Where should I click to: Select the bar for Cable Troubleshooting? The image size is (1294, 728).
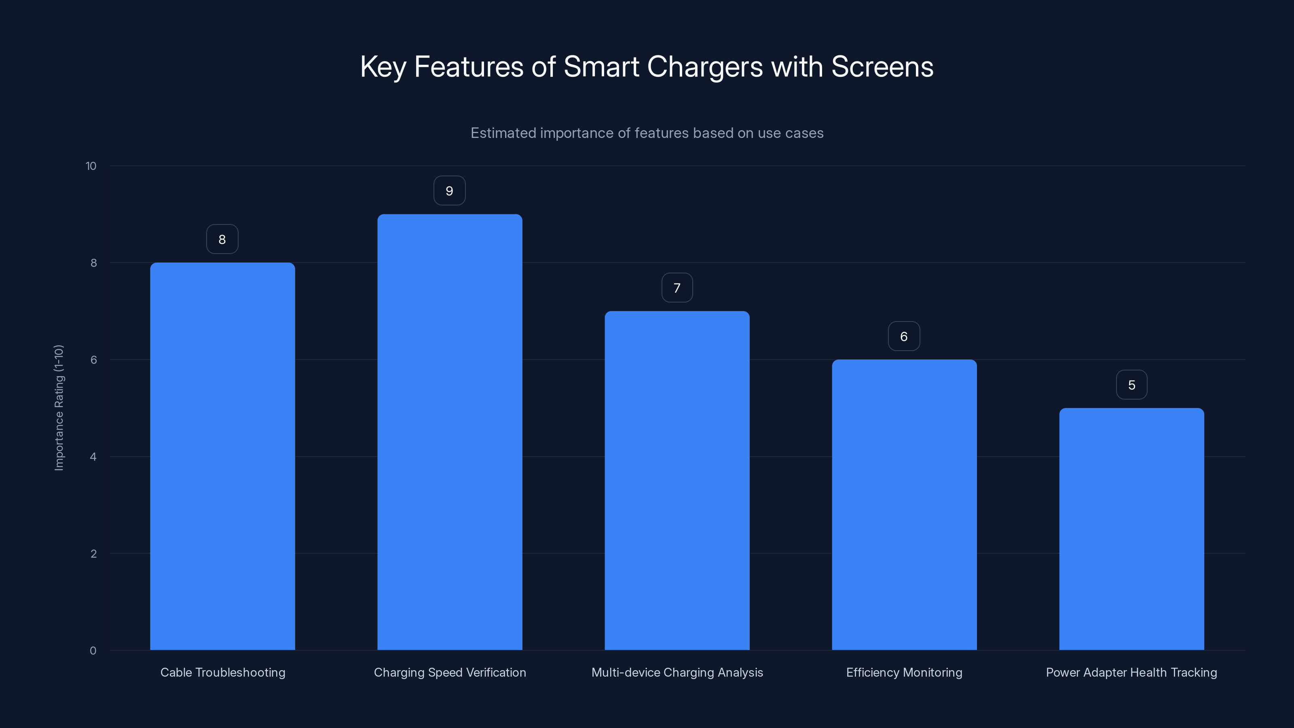tap(222, 456)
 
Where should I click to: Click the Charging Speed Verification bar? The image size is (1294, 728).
tap(450, 432)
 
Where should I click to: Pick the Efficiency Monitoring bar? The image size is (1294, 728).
tap(904, 504)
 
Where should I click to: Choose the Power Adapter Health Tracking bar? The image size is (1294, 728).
tap(1131, 529)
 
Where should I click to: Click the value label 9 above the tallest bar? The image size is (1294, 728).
tap(450, 191)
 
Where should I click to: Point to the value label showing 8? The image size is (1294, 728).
tap(222, 239)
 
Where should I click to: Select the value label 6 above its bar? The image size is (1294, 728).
tap(904, 336)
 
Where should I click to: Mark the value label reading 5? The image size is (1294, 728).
tap(1131, 385)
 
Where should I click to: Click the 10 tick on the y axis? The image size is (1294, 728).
tap(91, 166)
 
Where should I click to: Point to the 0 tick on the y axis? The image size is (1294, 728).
tap(93, 651)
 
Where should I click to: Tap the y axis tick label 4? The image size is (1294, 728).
tap(93, 457)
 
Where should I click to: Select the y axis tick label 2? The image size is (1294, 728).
tap(93, 554)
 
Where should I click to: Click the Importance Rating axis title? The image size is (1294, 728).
tap(59, 407)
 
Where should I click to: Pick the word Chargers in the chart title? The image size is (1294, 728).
tap(705, 67)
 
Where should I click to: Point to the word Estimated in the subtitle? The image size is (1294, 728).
tap(503, 133)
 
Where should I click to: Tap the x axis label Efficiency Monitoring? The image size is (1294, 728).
tap(904, 672)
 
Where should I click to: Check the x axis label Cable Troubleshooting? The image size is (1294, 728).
tap(222, 672)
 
